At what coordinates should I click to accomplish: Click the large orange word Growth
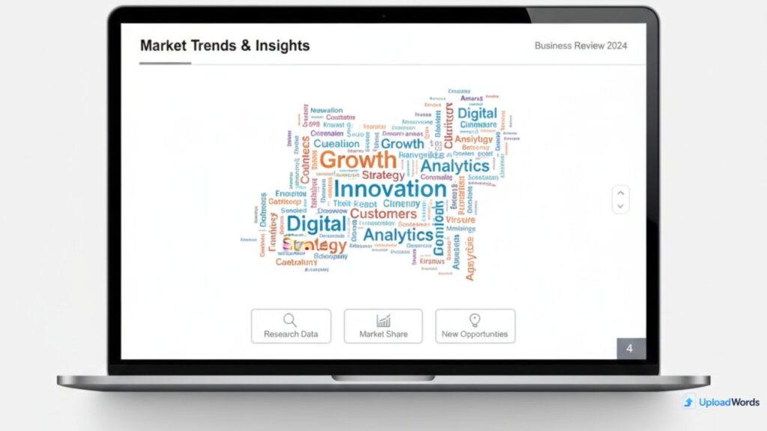[357, 159]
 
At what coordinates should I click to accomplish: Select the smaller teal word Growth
[402, 144]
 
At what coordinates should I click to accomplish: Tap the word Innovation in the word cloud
[389, 189]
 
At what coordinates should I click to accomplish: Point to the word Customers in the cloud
[383, 214]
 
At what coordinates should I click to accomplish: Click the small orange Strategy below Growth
[383, 175]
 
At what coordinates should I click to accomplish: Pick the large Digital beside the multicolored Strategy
[317, 224]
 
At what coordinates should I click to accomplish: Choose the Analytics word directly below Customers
[398, 235]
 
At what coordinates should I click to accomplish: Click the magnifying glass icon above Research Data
[290, 320]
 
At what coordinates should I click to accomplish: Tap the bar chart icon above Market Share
[383, 320]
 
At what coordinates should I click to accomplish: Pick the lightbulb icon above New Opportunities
[474, 320]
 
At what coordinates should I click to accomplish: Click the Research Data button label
[291, 334]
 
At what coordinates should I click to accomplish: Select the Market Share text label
[383, 334]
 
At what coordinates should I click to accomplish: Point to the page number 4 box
[630, 349]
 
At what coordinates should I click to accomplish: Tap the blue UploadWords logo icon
[688, 403]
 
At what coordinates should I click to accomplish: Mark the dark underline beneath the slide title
[165, 63]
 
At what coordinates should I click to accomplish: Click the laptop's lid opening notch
[383, 377]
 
